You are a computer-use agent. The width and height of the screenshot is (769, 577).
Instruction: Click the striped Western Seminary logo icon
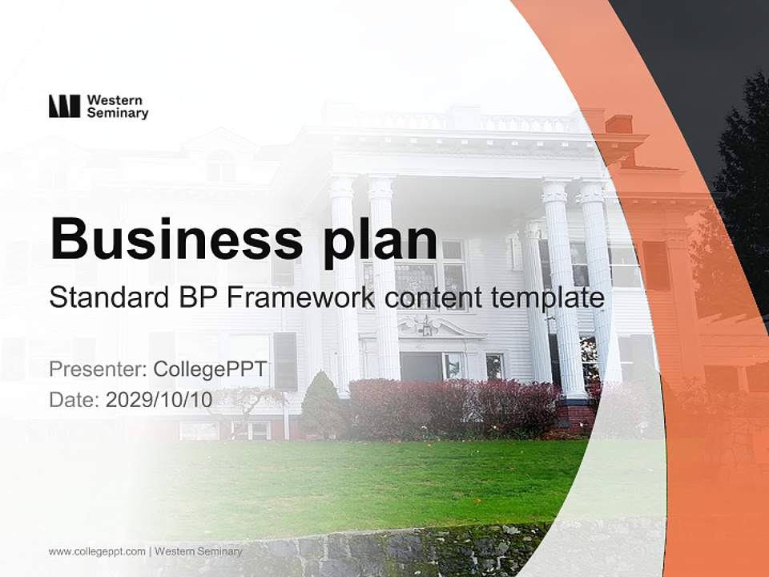pyautogui.click(x=64, y=106)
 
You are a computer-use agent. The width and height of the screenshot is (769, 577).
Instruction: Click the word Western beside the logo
pyautogui.click(x=115, y=100)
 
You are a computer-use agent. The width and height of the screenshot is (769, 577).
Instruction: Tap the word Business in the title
pyautogui.click(x=176, y=239)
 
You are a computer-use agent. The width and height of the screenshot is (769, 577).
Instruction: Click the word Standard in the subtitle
pyautogui.click(x=110, y=297)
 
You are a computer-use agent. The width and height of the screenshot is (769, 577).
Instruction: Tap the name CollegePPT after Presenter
pyautogui.click(x=210, y=369)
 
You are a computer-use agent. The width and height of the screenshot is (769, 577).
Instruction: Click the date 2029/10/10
pyautogui.click(x=159, y=400)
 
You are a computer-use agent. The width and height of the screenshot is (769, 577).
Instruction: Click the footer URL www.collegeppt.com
pyautogui.click(x=97, y=551)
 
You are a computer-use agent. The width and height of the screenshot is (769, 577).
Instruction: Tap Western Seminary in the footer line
pyautogui.click(x=199, y=551)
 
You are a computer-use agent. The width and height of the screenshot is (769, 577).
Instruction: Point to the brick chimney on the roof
pyautogui.click(x=618, y=124)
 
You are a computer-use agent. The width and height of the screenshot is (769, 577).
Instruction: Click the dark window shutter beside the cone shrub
pyautogui.click(x=285, y=361)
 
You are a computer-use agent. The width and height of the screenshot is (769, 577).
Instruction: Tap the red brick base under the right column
pyautogui.click(x=576, y=414)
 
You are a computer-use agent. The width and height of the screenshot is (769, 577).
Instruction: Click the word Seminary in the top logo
pyautogui.click(x=118, y=113)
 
